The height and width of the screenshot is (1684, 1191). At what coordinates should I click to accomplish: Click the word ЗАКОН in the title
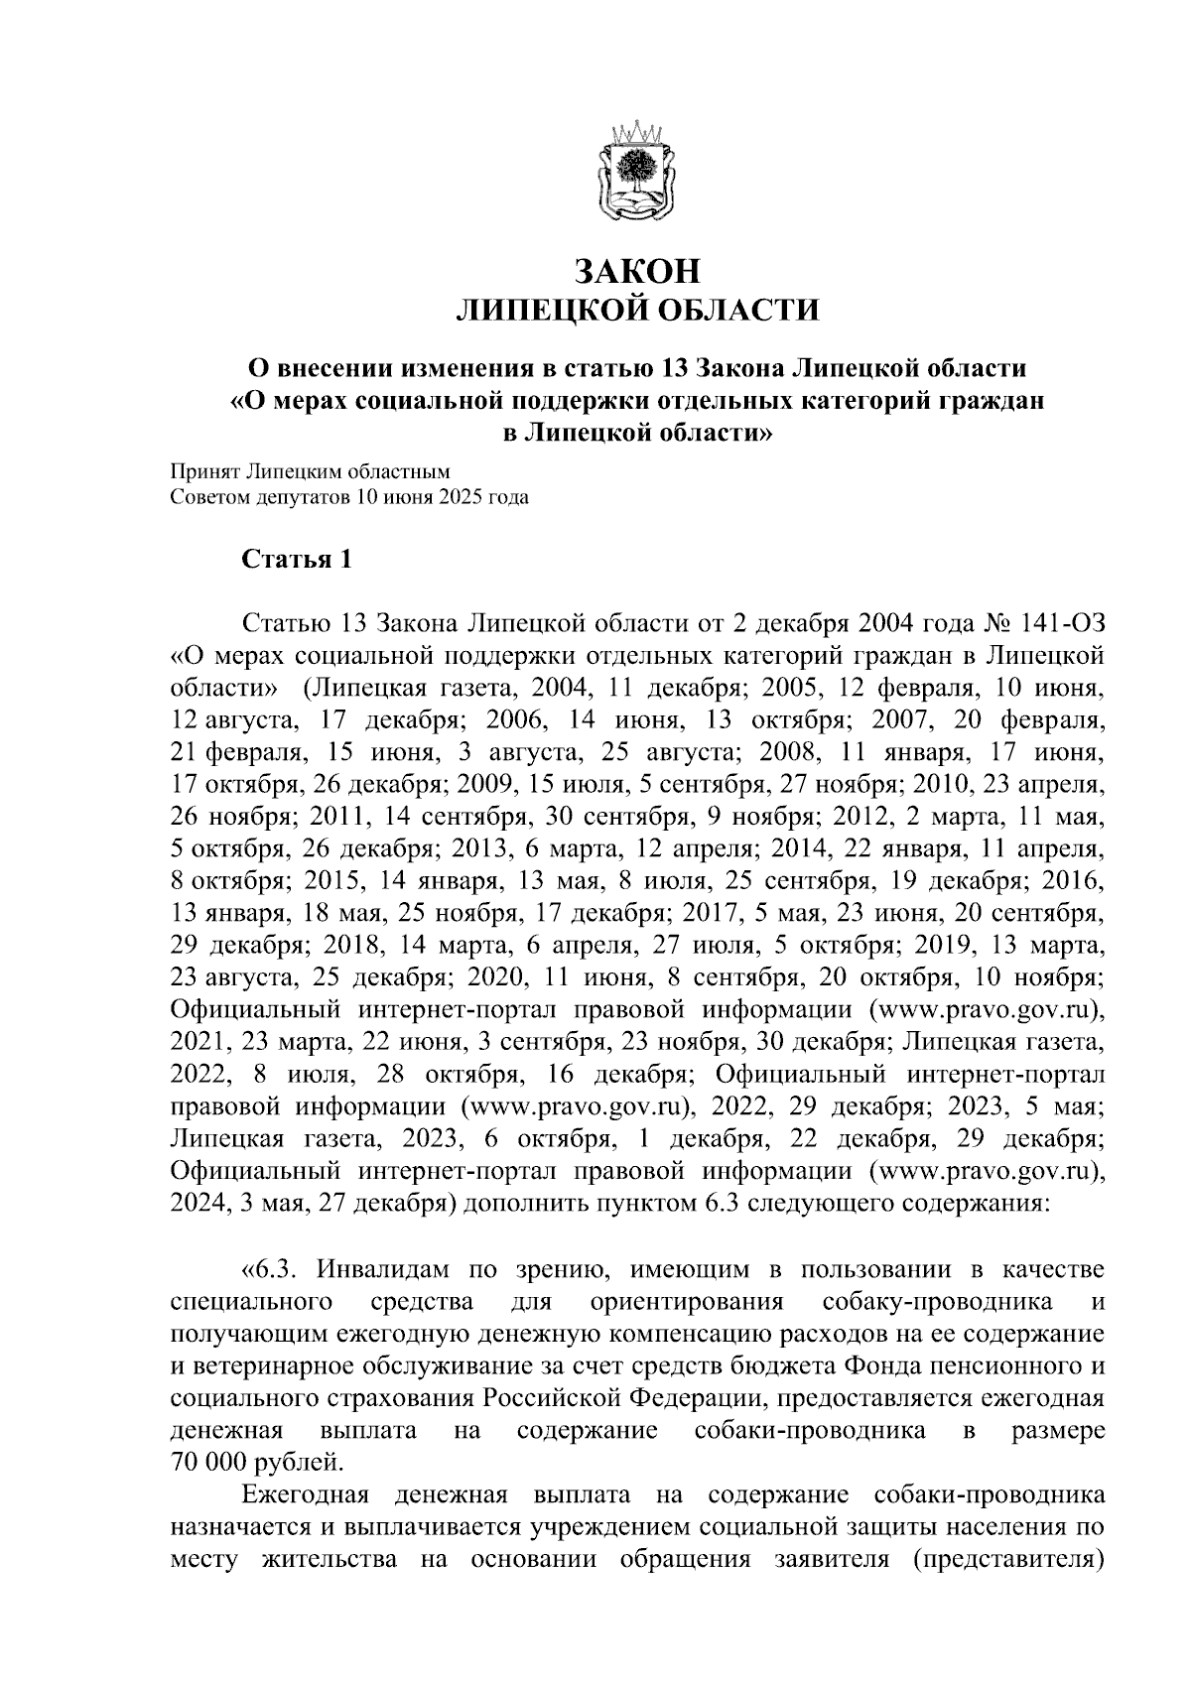[x=636, y=271]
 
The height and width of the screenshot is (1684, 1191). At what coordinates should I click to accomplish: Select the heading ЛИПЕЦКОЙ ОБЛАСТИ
[x=636, y=311]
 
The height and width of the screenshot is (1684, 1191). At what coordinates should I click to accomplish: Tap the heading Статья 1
[x=297, y=560]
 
